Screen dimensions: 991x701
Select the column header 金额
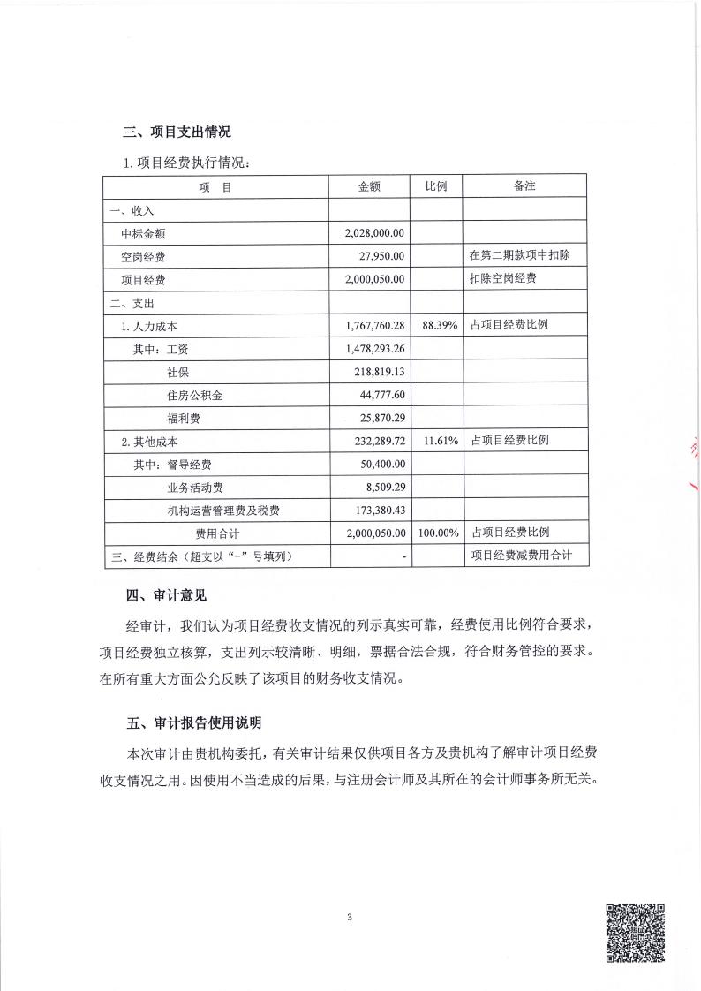369,187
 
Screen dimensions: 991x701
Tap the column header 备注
525,187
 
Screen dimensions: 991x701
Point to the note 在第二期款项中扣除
523,256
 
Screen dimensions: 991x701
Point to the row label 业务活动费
194,487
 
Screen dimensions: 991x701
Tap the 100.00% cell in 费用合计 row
438,533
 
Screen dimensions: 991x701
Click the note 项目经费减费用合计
523,556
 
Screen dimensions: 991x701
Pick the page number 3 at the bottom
350,918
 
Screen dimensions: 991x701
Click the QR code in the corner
635,932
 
